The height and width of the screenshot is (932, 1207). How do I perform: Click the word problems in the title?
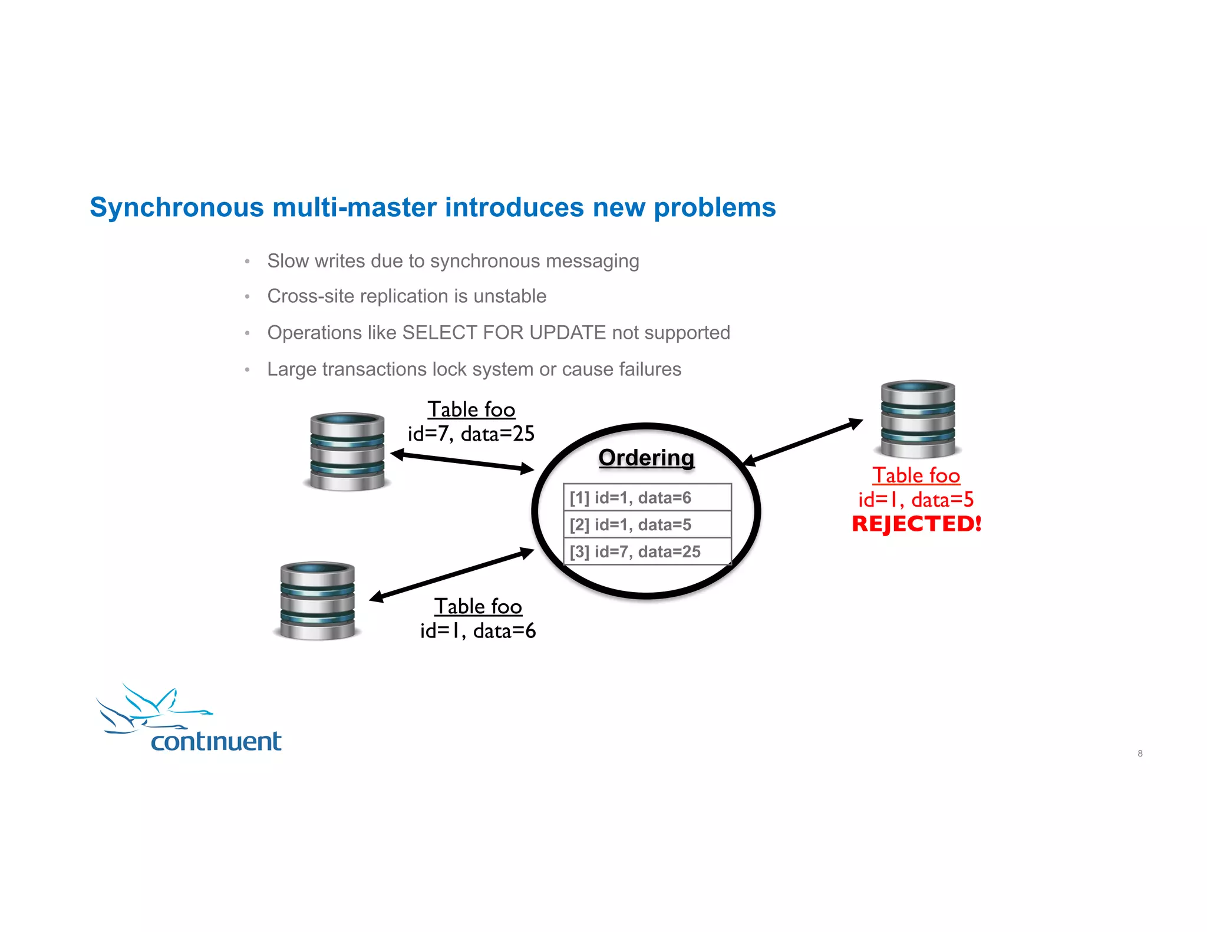click(x=714, y=208)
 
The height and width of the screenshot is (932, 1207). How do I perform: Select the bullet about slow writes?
click(x=453, y=261)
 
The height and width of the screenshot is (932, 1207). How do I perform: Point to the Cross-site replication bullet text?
click(x=407, y=296)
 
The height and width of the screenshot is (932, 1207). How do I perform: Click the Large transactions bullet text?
click(x=474, y=369)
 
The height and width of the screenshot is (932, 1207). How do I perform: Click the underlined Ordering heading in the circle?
click(x=646, y=458)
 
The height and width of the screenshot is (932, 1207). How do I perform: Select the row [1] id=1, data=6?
click(x=647, y=498)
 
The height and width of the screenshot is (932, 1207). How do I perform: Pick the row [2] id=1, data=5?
click(x=647, y=525)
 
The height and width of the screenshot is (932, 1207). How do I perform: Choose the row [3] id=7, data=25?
click(x=647, y=552)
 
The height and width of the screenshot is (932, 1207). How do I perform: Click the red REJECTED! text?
click(x=916, y=524)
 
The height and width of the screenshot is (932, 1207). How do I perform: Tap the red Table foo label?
click(x=916, y=475)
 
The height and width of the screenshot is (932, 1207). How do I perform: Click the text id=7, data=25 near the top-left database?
click(x=471, y=434)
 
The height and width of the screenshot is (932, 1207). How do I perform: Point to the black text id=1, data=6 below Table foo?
click(x=477, y=631)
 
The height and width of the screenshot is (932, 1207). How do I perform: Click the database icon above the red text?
click(x=918, y=419)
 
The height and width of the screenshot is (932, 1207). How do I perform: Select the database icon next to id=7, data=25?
click(x=347, y=451)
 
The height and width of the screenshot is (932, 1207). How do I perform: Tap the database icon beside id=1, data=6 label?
click(x=318, y=600)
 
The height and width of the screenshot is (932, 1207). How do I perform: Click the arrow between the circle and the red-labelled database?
click(x=803, y=442)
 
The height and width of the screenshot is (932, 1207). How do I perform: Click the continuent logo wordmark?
click(x=216, y=741)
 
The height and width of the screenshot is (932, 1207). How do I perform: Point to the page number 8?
click(x=1140, y=753)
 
